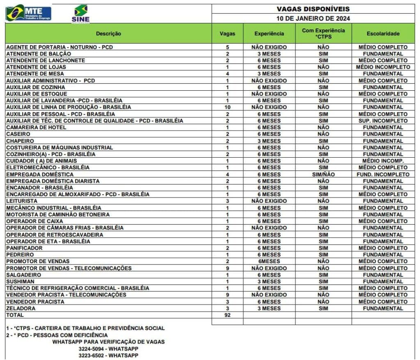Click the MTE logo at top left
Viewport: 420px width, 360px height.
(x=28, y=13)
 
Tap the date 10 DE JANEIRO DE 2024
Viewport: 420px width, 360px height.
(x=313, y=18)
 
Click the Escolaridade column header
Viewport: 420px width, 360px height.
(x=383, y=34)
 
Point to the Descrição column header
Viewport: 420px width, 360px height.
(x=108, y=34)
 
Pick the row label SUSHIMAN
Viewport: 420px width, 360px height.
(x=20, y=282)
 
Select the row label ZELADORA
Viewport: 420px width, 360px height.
(x=21, y=308)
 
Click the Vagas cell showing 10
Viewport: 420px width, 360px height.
(x=228, y=107)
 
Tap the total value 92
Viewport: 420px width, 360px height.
(x=228, y=315)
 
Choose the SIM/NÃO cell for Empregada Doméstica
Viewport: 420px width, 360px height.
(x=323, y=174)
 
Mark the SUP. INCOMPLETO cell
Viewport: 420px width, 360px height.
(x=383, y=121)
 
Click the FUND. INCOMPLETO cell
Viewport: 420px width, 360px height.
(x=383, y=174)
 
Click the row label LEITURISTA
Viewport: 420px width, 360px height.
(x=22, y=201)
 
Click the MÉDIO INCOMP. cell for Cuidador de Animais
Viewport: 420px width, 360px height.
(x=383, y=161)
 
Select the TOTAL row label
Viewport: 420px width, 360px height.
(x=15, y=315)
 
